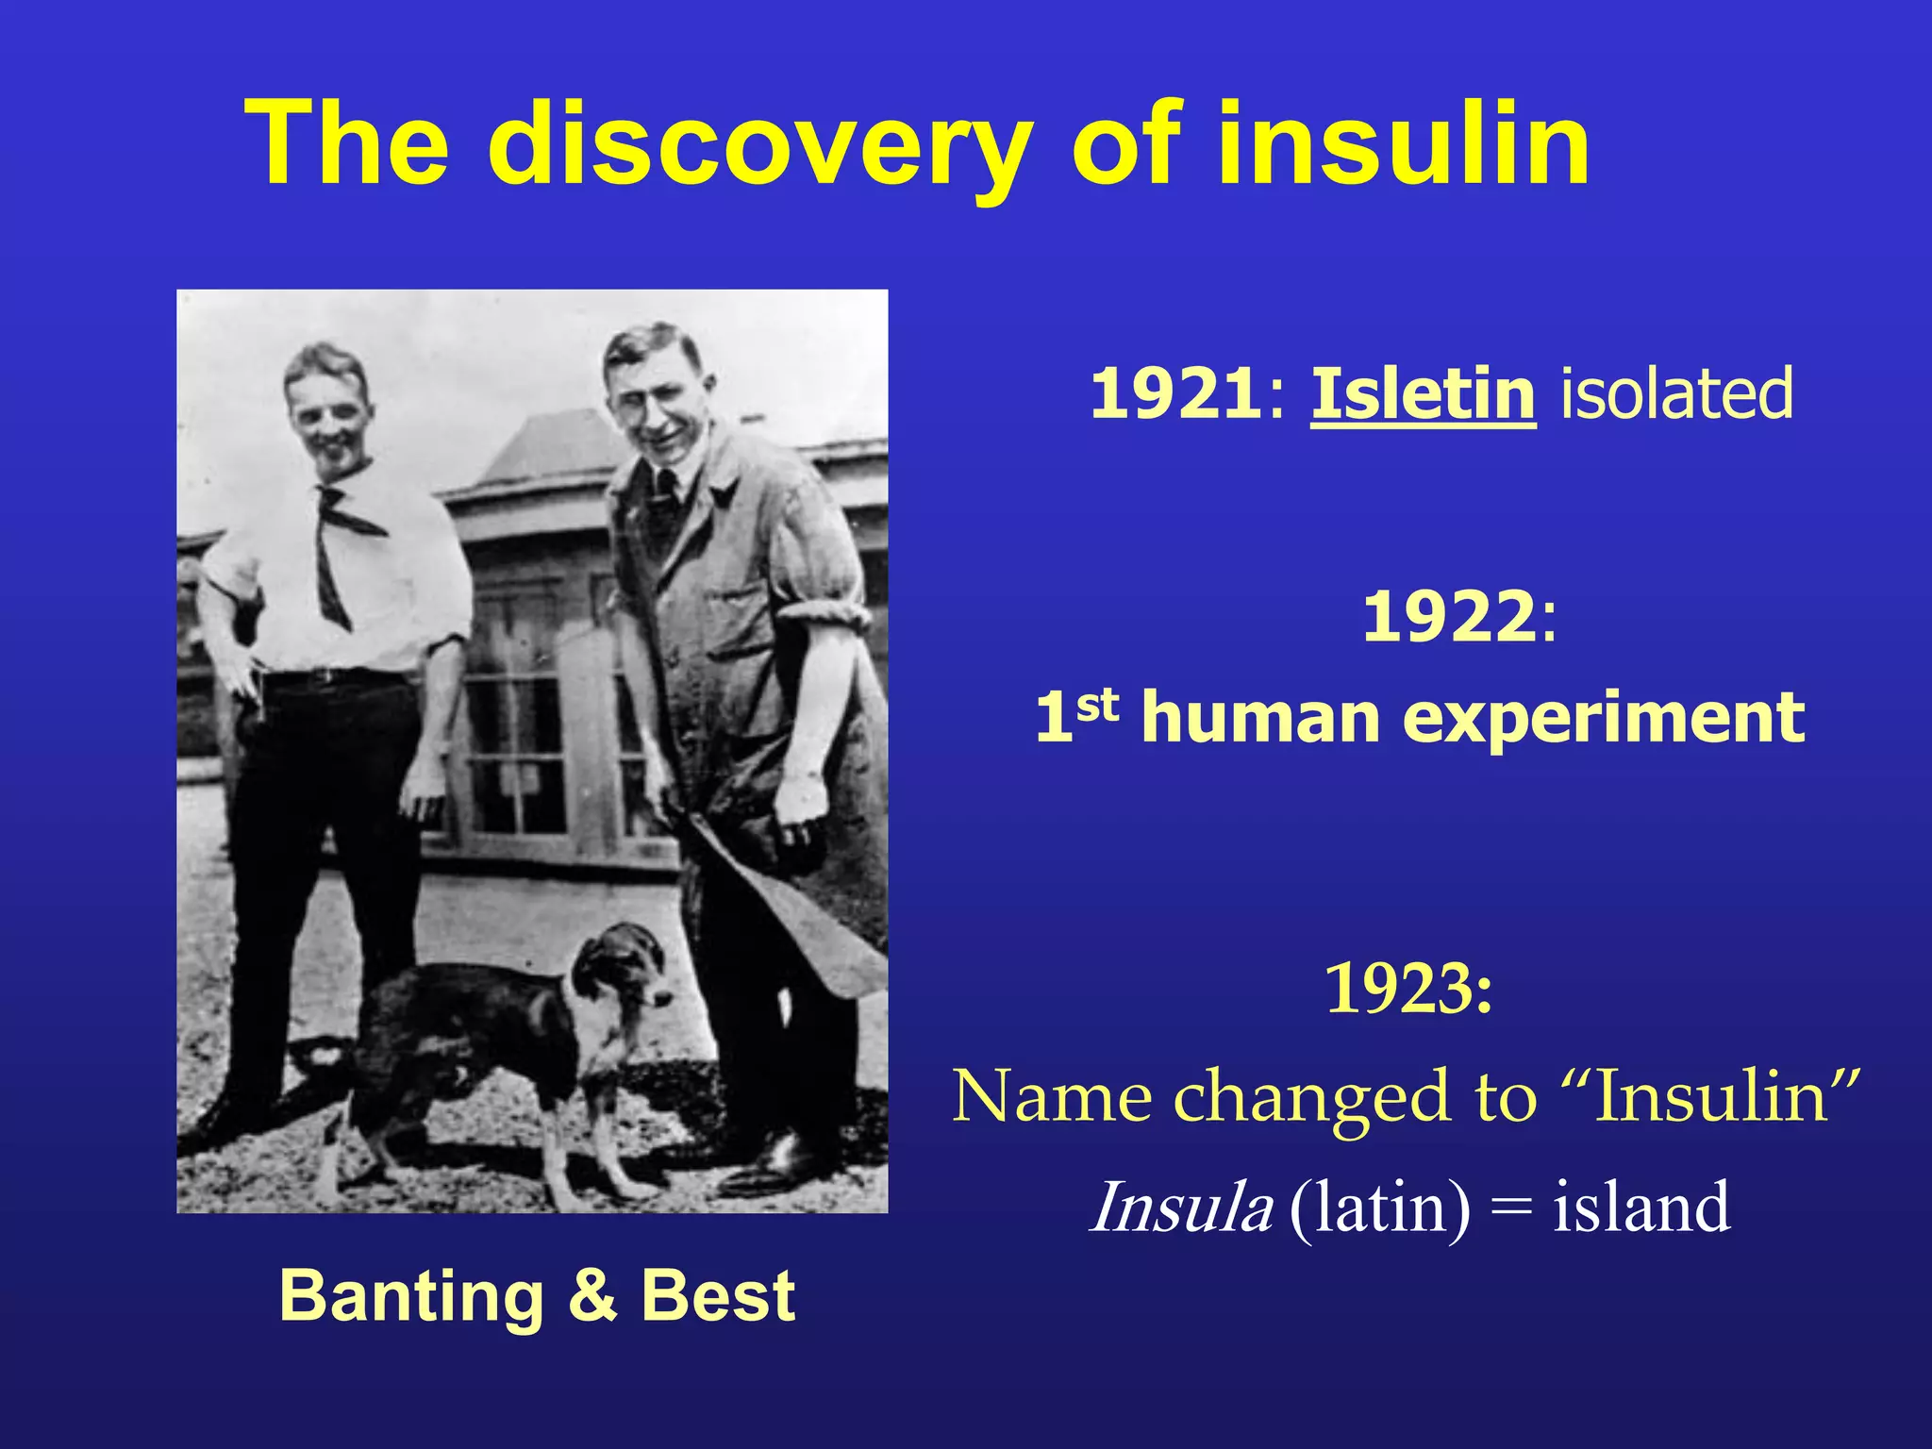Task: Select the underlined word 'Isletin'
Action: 1423,393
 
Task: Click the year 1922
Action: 1449,617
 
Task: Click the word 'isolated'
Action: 1675,393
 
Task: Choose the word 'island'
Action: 1641,1207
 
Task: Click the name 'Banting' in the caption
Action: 411,1296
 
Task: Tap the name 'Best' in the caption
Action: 718,1296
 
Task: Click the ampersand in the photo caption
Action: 592,1296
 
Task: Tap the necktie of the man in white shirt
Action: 335,547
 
